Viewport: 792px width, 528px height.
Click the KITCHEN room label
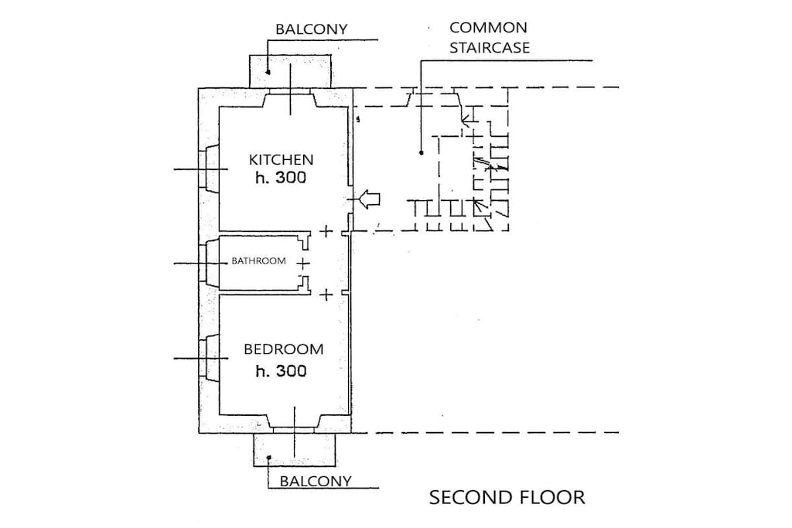click(281, 159)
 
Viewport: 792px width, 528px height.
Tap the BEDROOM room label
click(283, 349)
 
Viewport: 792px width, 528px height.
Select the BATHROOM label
click(258, 261)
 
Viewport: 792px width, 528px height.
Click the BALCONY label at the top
click(311, 29)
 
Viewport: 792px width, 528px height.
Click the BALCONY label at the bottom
click(316, 481)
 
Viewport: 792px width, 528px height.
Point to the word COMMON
click(488, 27)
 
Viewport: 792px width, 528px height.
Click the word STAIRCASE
click(490, 47)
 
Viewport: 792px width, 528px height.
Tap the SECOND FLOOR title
click(507, 498)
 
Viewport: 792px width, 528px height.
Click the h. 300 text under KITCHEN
click(281, 178)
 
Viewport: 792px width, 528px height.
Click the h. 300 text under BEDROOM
click(281, 371)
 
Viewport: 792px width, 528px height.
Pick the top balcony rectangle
click(291, 71)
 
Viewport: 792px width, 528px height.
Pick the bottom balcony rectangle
click(294, 449)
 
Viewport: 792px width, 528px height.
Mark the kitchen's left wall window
click(208, 169)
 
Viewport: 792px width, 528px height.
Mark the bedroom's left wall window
click(209, 359)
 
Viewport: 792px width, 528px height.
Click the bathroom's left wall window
click(209, 263)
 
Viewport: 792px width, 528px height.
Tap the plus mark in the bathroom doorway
click(302, 263)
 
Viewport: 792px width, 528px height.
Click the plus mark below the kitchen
click(326, 231)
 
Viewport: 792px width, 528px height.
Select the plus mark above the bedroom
click(326, 295)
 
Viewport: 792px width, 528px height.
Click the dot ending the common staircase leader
click(422, 152)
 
